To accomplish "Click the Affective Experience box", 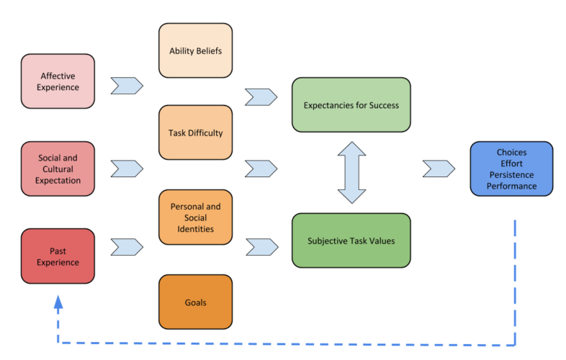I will coord(58,81).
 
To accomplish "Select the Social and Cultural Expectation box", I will coord(58,168).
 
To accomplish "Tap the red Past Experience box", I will coord(58,256).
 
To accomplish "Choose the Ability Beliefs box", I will coord(195,50).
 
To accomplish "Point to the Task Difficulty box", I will coord(195,132).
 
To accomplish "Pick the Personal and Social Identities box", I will coord(195,217).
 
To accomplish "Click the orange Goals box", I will coord(195,302).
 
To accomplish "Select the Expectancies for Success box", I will coord(351,105).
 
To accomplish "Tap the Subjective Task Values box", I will coord(351,240).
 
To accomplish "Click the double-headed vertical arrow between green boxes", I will coord(351,172).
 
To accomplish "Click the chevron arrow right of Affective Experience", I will coord(127,86).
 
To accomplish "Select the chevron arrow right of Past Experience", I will coord(127,247).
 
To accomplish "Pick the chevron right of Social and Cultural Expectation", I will coord(127,168).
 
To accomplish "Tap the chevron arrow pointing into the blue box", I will coord(439,168).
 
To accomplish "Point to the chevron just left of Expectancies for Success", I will coord(261,96).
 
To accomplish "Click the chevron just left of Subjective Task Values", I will coord(261,247).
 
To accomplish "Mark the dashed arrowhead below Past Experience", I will coord(58,303).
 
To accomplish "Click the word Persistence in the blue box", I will coord(511,174).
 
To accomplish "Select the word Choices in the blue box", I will coord(511,152).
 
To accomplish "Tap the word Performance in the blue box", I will coord(511,186).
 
